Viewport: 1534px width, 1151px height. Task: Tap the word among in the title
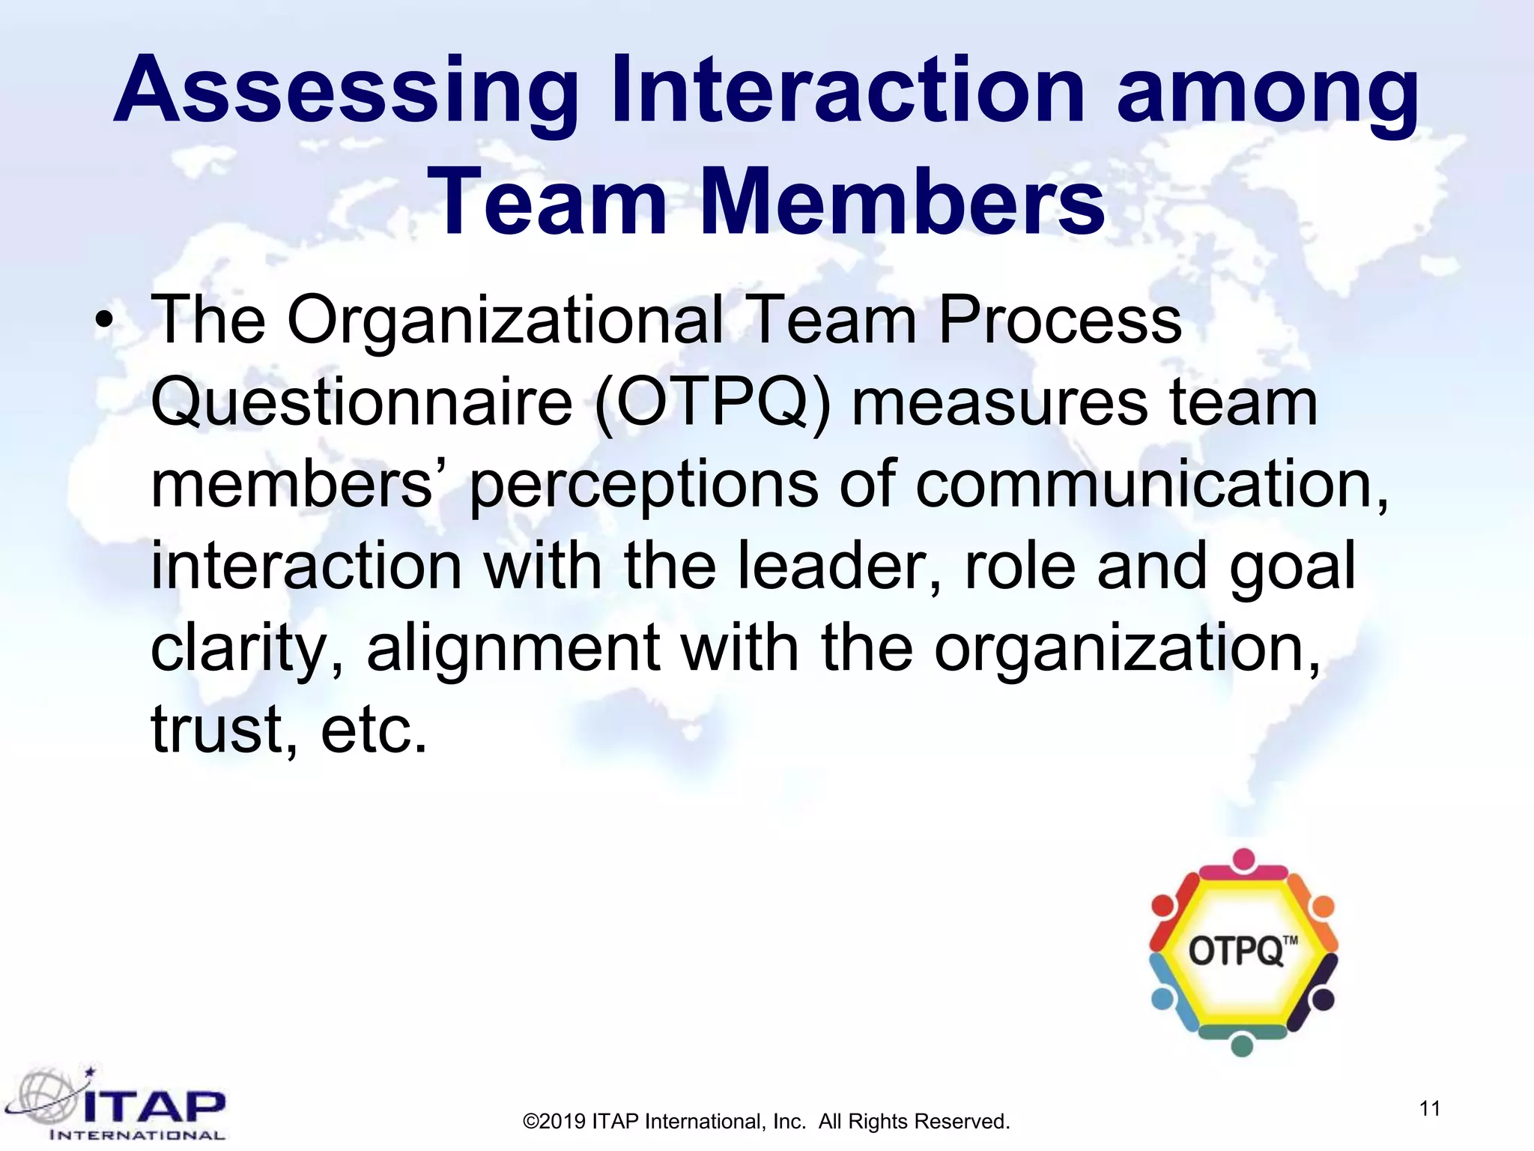point(1267,91)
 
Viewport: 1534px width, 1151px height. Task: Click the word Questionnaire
point(362,403)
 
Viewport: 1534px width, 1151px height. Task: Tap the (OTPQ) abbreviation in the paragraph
point(712,403)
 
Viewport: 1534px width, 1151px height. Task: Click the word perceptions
point(643,485)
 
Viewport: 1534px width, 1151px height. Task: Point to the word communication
point(1152,485)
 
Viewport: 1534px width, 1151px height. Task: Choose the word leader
point(839,567)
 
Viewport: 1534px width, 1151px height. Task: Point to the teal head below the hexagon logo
point(1243,1045)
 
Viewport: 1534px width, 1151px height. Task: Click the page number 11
point(1430,1108)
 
